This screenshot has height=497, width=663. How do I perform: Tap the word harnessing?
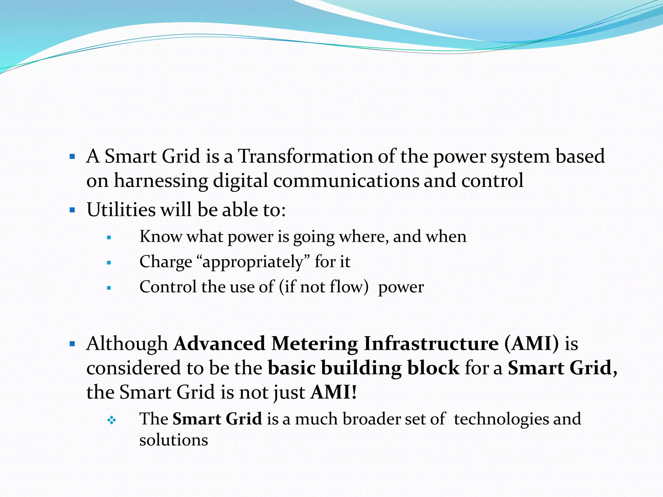pos(161,181)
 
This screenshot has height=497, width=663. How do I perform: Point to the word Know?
pos(161,237)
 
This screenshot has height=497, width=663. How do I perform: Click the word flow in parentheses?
pos(347,287)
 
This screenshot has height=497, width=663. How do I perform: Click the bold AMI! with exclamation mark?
pos(334,392)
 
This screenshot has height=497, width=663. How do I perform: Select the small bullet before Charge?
pos(109,263)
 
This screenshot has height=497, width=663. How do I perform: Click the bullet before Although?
pos(72,344)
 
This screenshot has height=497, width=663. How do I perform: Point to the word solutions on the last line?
pos(174,440)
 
